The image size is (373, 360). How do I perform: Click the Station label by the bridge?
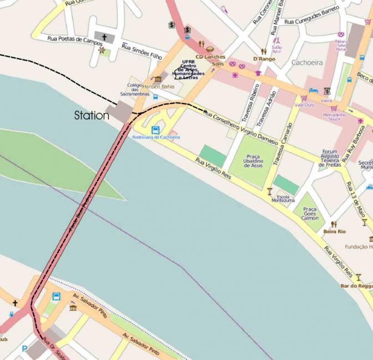coord(92,116)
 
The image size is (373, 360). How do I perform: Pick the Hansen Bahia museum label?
coord(159,87)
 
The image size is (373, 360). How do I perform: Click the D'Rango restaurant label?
coord(264,59)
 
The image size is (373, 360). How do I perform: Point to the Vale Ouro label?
coord(304,104)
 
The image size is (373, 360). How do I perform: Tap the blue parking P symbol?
coord(23,349)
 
